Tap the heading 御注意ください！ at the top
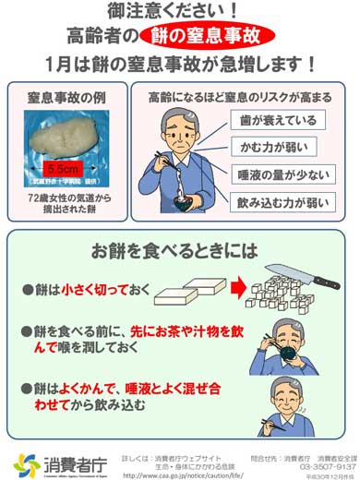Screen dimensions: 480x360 tap(181, 13)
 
